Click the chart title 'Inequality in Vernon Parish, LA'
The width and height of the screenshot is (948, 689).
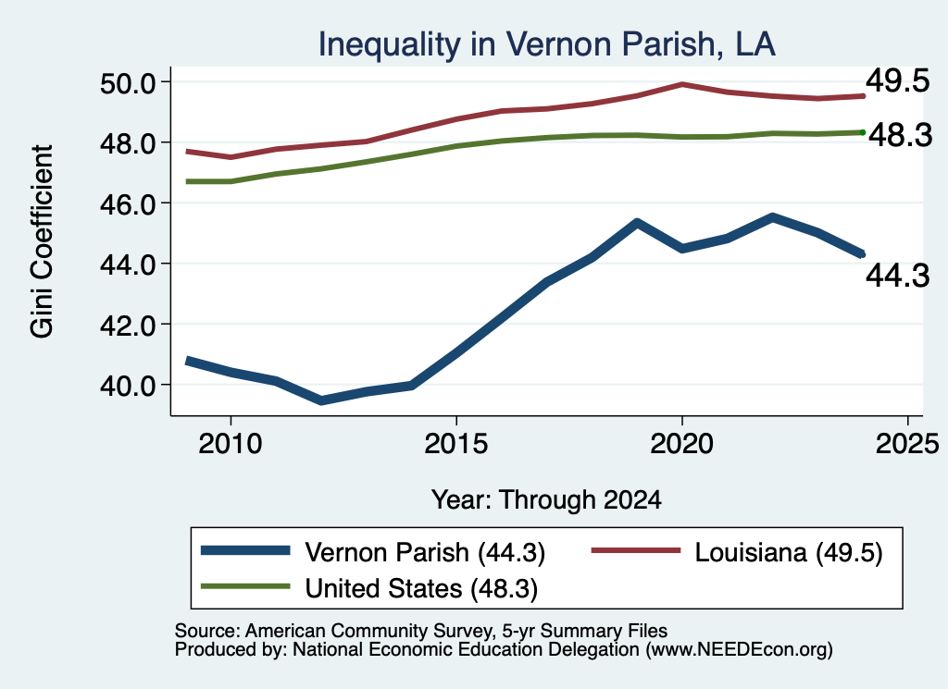546,44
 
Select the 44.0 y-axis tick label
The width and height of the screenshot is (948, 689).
128,265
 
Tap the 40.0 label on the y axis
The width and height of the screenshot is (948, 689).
128,386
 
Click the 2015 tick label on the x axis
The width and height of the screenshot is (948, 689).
455,445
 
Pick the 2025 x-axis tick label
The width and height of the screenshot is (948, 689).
907,445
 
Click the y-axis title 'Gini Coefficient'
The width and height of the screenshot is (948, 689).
43,241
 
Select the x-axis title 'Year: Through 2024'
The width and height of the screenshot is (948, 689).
546,500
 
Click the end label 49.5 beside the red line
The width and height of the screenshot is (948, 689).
897,80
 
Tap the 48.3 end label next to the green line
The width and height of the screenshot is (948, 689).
900,135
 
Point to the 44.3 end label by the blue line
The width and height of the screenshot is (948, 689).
897,276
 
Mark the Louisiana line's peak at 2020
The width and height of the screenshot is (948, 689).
682,84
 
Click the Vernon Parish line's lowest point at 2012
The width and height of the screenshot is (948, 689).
321,400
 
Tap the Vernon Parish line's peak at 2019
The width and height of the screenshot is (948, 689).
637,223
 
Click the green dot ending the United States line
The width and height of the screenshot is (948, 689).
863,132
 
